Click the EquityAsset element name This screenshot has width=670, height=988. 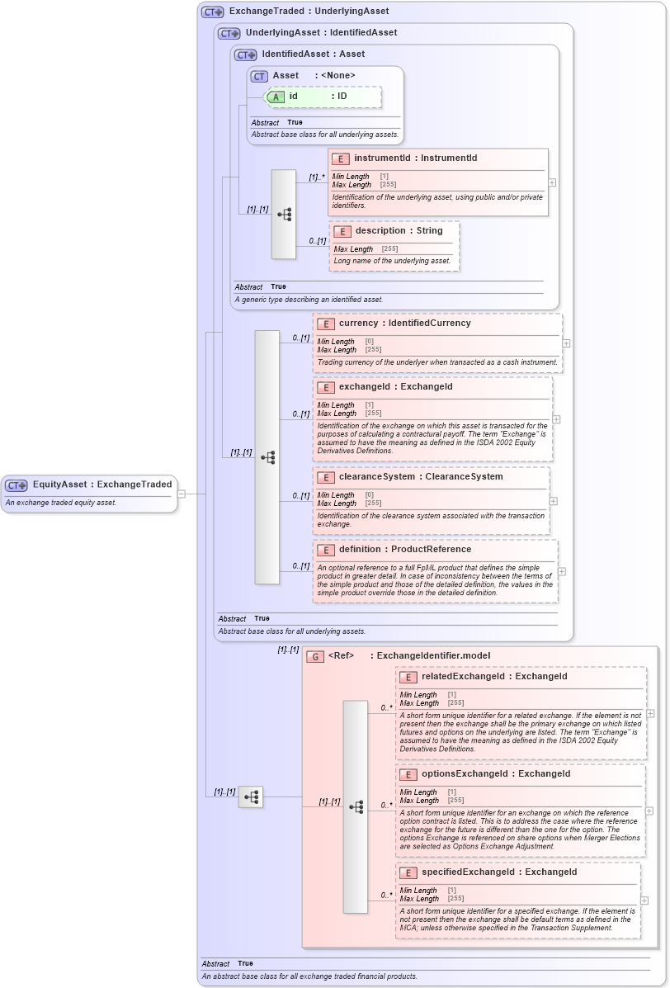59,485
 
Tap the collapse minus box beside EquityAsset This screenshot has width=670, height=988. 182,494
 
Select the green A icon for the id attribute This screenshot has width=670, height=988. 276,97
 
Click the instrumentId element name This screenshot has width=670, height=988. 382,158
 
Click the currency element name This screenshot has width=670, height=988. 358,324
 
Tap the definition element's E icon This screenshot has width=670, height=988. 326,550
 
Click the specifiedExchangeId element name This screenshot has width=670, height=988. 470,872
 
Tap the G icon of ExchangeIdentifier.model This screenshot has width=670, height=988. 314,656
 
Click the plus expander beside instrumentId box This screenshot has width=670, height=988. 552,182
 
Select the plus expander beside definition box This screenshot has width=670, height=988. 562,570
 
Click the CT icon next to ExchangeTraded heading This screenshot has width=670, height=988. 213,12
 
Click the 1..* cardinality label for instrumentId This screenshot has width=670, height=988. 317,177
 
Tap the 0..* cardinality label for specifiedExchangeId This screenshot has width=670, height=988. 386,895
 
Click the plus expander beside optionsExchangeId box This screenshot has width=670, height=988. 650,811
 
